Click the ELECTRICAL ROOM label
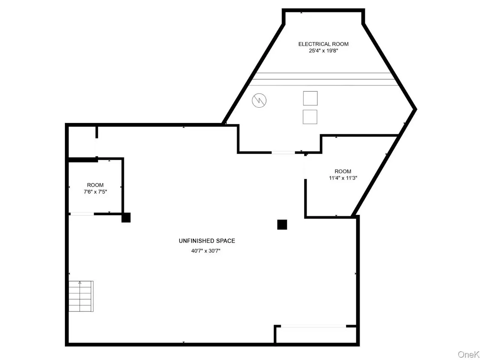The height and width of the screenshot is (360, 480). click(x=323, y=44)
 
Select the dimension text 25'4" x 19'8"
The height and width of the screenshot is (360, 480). click(x=323, y=51)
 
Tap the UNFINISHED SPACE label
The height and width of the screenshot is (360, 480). click(x=207, y=241)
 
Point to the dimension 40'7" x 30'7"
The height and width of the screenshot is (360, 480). click(x=205, y=251)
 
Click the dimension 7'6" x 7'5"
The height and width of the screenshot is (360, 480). click(x=95, y=192)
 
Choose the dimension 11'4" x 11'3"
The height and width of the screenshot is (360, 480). click(x=343, y=178)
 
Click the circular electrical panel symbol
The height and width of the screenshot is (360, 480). click(x=259, y=100)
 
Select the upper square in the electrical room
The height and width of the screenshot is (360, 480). click(x=310, y=98)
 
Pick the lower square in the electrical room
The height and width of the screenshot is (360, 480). click(x=310, y=117)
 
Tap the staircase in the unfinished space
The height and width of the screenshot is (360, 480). click(x=81, y=296)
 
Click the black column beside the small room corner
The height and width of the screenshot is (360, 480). click(x=126, y=217)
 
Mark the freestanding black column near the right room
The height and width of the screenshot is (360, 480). click(x=282, y=225)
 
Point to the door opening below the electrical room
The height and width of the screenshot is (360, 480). click(x=283, y=152)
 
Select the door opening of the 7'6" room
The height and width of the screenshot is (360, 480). click(x=82, y=214)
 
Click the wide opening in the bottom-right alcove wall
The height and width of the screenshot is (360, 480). click(x=313, y=326)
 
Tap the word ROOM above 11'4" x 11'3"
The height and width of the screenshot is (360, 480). click(x=343, y=171)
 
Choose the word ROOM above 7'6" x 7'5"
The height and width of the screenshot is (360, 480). click(x=95, y=185)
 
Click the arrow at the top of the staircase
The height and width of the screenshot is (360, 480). click(x=80, y=283)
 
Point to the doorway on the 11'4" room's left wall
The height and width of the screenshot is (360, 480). click(x=305, y=167)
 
